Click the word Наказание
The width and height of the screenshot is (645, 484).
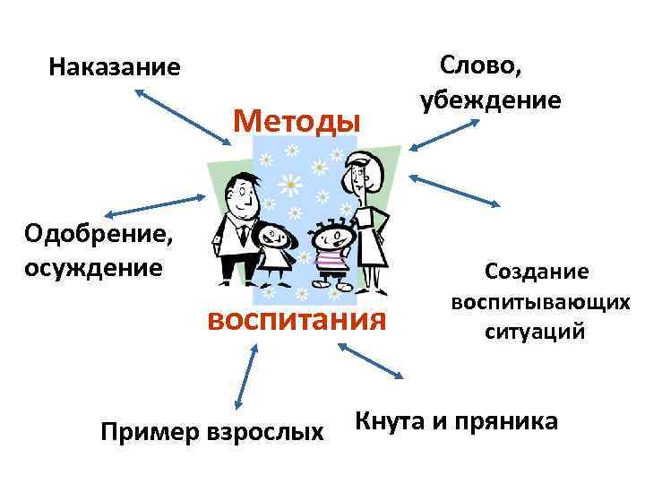click(115, 67)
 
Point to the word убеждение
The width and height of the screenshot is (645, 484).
click(489, 99)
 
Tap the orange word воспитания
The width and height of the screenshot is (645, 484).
click(298, 318)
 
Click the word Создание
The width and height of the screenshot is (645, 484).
click(537, 271)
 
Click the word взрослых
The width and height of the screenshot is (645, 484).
click(264, 433)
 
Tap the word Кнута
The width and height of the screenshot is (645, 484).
click(393, 419)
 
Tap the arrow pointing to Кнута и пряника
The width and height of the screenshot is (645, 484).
click(373, 362)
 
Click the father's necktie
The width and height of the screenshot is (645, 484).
click(244, 235)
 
